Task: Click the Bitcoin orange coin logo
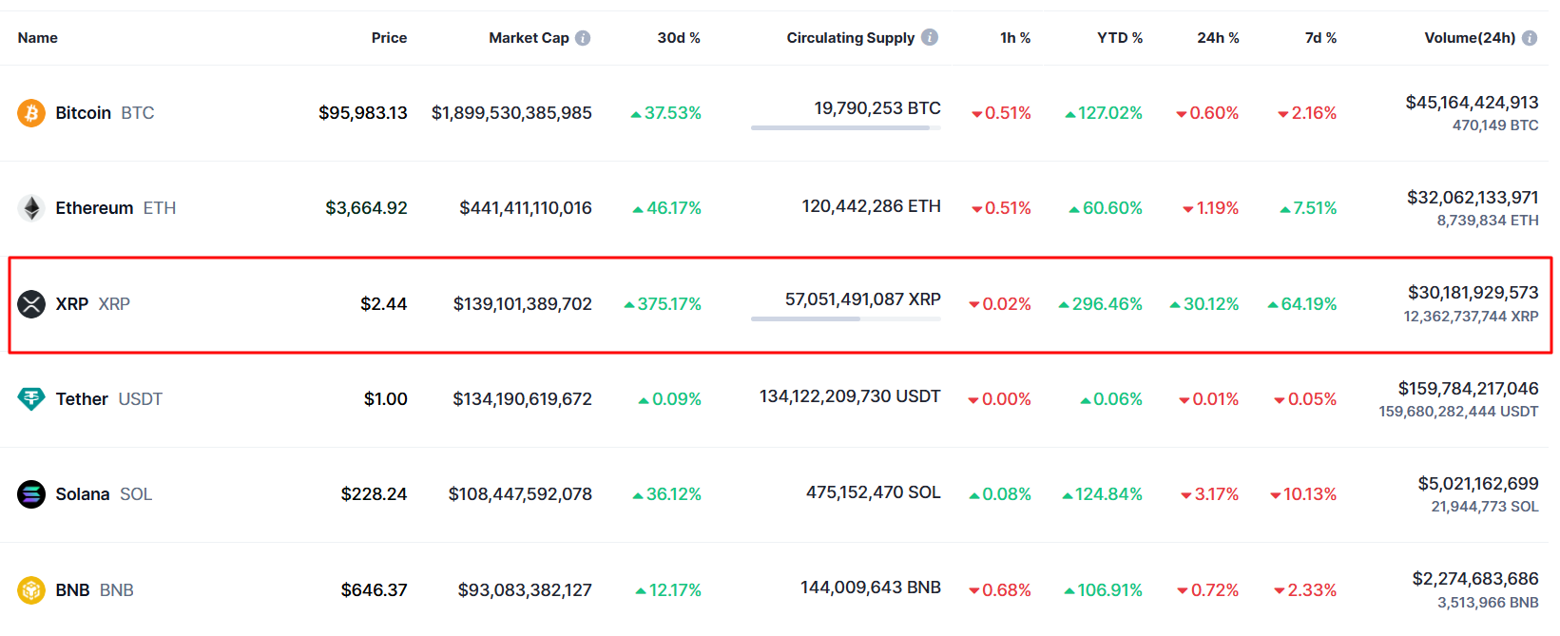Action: (x=31, y=113)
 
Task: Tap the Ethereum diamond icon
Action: (x=31, y=208)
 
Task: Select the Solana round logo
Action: (x=31, y=494)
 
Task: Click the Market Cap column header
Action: (x=529, y=38)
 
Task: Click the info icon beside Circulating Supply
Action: (x=930, y=37)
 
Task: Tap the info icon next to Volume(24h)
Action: (x=1530, y=38)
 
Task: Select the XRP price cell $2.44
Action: (x=383, y=304)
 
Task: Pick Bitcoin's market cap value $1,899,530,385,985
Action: (x=511, y=113)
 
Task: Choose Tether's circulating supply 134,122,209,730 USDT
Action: (x=850, y=396)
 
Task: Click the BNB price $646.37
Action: (x=374, y=590)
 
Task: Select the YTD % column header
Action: (x=1120, y=38)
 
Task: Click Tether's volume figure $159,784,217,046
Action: (x=1468, y=389)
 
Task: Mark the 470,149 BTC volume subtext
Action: (x=1494, y=125)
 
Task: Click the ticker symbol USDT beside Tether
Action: (x=140, y=399)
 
